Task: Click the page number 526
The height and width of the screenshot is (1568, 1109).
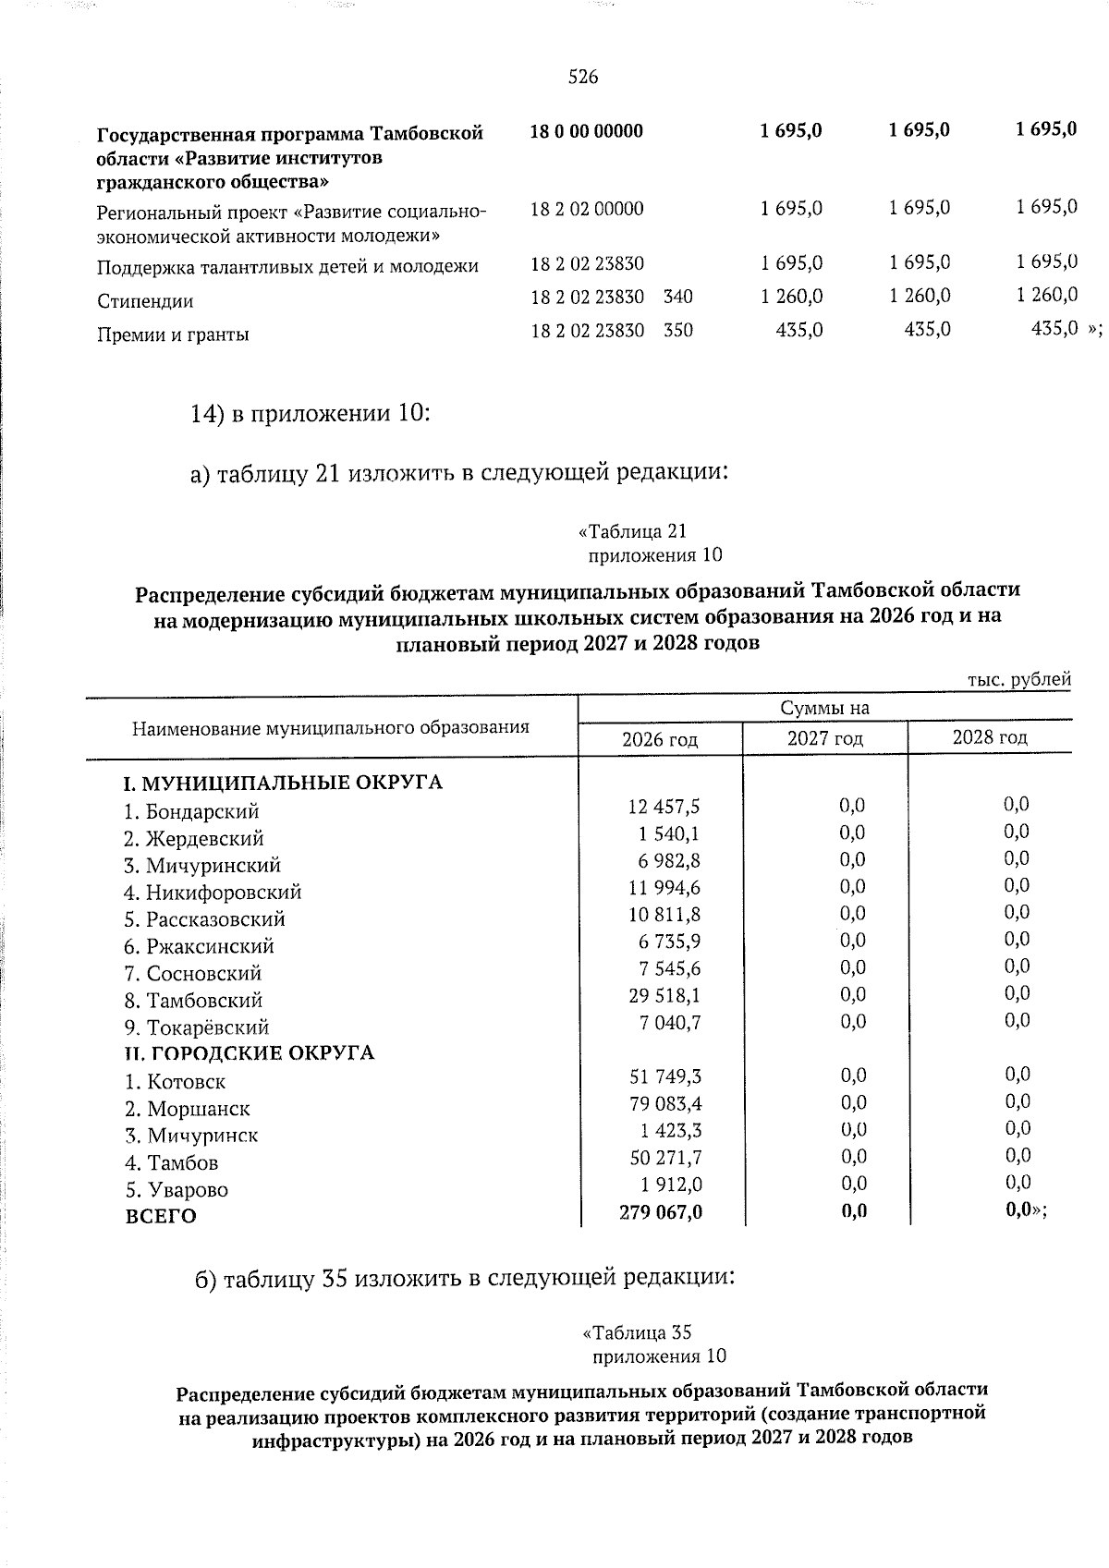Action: pyautogui.click(x=583, y=78)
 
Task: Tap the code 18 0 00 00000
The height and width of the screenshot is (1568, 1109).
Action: pyautogui.click(x=587, y=130)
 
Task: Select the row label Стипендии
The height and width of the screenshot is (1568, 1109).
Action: pyautogui.click(x=145, y=301)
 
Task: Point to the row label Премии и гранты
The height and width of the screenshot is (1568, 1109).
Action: pyautogui.click(x=173, y=334)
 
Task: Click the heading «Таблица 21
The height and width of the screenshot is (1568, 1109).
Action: pyautogui.click(x=632, y=531)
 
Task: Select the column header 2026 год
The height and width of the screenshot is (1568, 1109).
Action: pyautogui.click(x=660, y=739)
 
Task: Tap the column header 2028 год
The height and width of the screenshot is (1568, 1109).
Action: pyautogui.click(x=990, y=737)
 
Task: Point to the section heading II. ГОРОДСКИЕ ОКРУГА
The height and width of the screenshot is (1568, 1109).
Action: pyautogui.click(x=250, y=1053)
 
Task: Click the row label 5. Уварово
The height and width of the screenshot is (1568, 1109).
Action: pyautogui.click(x=177, y=1190)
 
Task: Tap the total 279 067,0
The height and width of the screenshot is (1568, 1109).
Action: pyautogui.click(x=661, y=1211)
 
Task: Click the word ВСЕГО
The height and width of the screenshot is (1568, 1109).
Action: pyautogui.click(x=161, y=1217)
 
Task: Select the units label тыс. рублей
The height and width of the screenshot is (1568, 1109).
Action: pyautogui.click(x=1019, y=680)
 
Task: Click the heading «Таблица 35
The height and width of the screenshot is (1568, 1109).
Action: pyautogui.click(x=637, y=1332)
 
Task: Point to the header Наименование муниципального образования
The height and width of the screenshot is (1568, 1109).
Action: pyautogui.click(x=331, y=728)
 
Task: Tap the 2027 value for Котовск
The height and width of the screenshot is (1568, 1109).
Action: pyautogui.click(x=853, y=1076)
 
